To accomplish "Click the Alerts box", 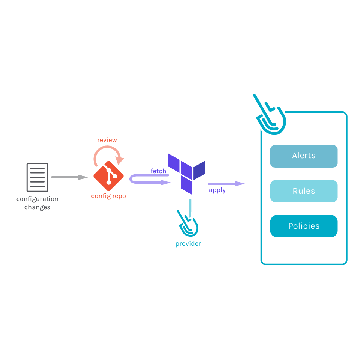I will (x=304, y=156).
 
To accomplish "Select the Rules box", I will (x=304, y=191).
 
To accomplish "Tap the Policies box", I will (x=304, y=226).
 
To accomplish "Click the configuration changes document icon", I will (x=37, y=177).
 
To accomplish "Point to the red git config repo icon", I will (x=108, y=176).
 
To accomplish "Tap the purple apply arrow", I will (x=226, y=184).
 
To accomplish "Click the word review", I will (x=107, y=140).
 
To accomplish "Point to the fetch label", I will (x=158, y=171).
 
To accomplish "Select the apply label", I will (x=217, y=190).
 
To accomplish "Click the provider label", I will (x=188, y=244).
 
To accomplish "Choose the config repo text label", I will (x=108, y=196).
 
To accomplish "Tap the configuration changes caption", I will (x=37, y=203).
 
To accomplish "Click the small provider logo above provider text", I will (x=188, y=225).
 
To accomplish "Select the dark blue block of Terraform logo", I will (x=199, y=170).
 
